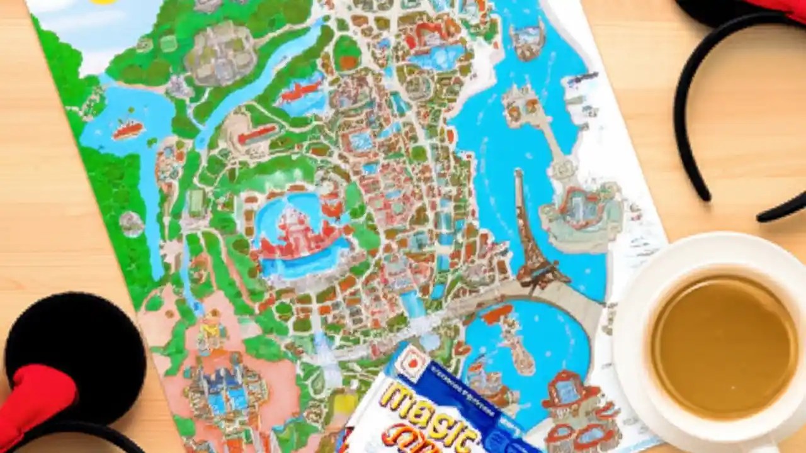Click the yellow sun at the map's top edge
click(105, 2)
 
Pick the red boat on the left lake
click(127, 130)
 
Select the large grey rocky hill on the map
click(220, 53)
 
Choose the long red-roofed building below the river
click(258, 133)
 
